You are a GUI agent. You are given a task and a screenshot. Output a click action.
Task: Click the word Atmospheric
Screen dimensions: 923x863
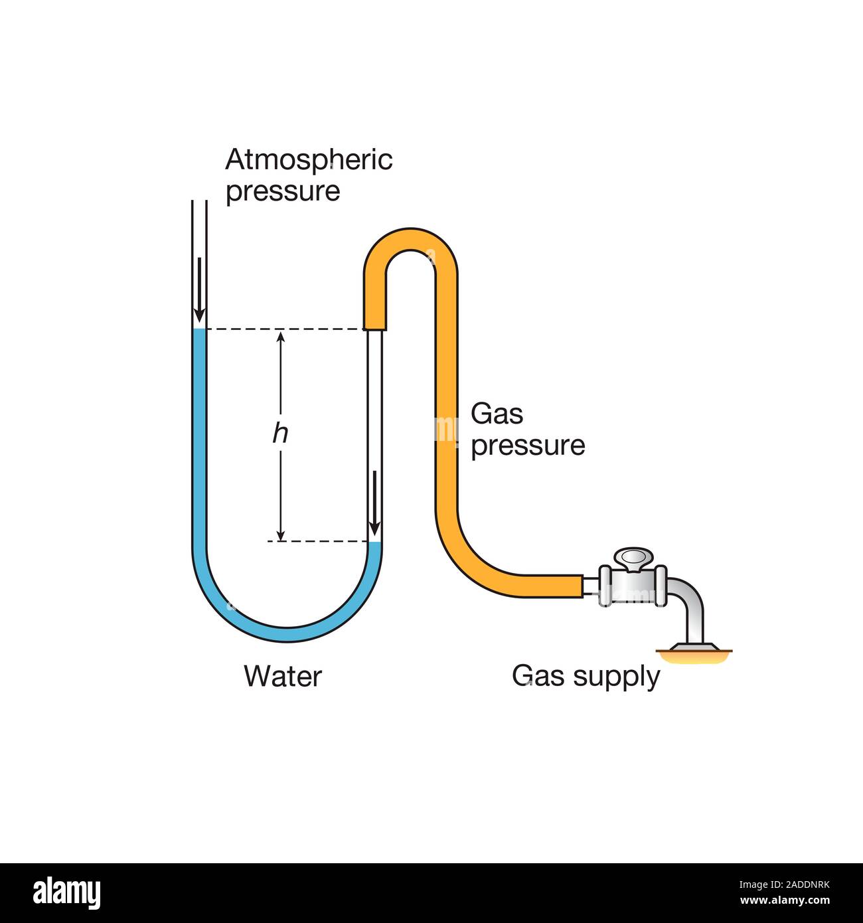click(x=309, y=160)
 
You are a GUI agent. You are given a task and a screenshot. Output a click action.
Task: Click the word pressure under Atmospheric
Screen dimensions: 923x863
click(x=283, y=191)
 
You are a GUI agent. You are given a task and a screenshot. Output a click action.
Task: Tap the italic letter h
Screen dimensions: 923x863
click(x=280, y=434)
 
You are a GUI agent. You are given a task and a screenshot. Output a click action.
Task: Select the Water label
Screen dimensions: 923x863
click(x=282, y=677)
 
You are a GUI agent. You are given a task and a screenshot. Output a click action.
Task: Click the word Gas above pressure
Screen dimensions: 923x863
click(x=497, y=414)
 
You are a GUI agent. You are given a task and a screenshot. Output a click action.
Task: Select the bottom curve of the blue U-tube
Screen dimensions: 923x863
click(x=287, y=632)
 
